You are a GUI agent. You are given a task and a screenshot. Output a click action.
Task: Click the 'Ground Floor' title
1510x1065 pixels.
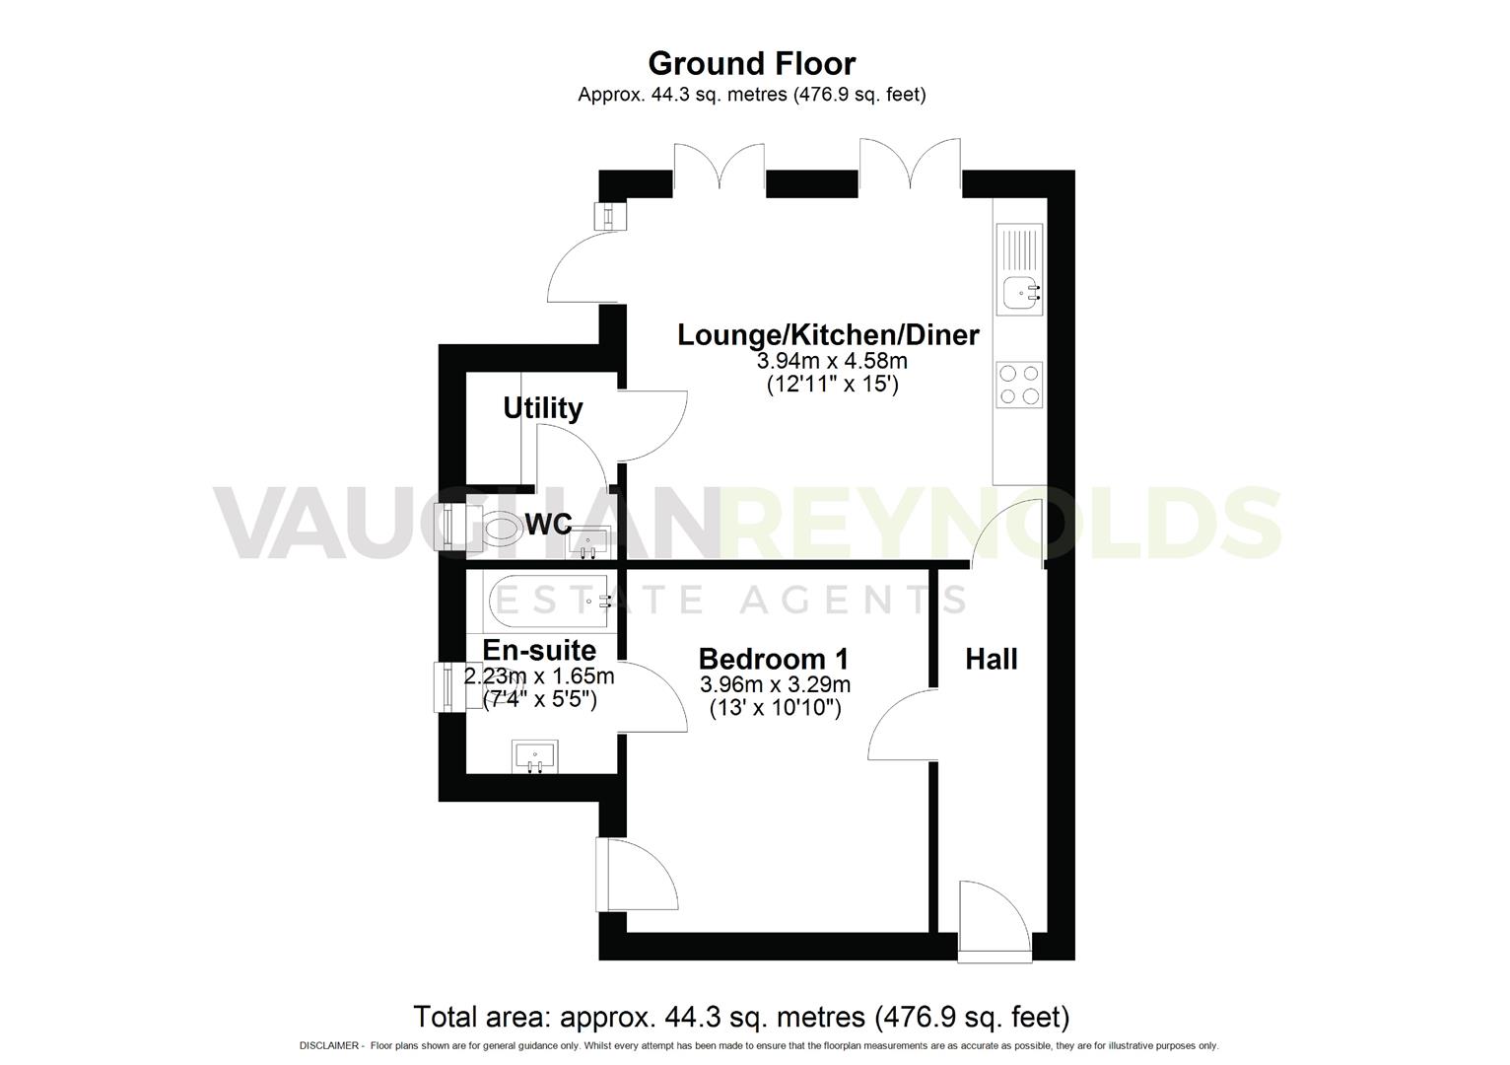click(751, 63)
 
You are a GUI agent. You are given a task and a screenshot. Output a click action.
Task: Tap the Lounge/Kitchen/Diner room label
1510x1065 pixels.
click(828, 335)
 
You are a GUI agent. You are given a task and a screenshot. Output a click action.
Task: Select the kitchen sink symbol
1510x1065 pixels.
click(1019, 292)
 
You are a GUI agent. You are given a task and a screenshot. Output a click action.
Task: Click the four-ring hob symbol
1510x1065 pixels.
click(1019, 385)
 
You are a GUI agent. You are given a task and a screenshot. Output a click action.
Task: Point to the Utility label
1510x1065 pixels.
click(542, 407)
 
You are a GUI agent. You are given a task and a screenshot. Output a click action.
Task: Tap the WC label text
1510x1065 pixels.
click(548, 525)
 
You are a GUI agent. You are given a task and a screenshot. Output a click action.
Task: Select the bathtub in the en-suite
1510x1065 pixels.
click(548, 601)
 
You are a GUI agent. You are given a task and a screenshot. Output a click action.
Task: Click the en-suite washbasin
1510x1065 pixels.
click(535, 757)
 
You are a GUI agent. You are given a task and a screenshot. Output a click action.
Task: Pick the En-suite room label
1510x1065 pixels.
click(539, 651)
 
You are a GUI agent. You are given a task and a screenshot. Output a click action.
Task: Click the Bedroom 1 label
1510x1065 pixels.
click(774, 659)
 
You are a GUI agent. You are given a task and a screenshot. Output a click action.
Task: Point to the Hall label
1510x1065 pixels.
click(991, 659)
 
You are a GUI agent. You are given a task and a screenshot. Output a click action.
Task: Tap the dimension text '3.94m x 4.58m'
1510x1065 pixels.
click(831, 361)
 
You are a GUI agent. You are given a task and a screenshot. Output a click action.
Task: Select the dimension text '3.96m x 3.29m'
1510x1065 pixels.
click(775, 684)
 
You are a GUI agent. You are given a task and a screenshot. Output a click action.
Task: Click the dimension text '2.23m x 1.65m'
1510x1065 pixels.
click(539, 676)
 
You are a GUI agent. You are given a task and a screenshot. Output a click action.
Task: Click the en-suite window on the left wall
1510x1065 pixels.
click(445, 686)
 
